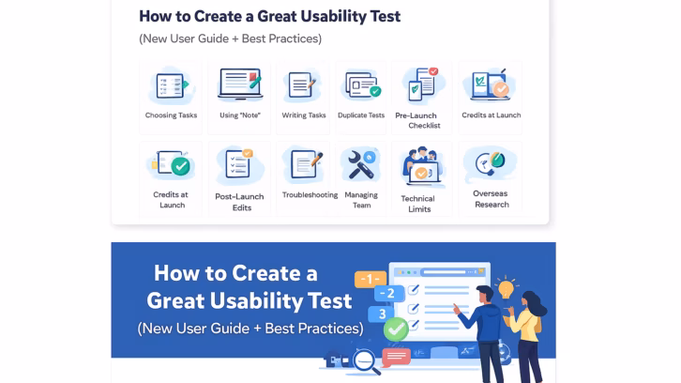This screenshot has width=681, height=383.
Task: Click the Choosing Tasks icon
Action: [x=171, y=85]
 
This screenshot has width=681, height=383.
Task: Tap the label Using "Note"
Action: [x=239, y=115]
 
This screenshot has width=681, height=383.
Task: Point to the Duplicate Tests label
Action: [x=361, y=115]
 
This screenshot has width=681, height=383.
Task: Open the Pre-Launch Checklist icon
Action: [x=423, y=85]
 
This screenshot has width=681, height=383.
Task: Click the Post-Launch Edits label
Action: [x=239, y=202]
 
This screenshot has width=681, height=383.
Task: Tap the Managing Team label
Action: [x=361, y=200]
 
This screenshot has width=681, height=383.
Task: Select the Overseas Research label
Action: [x=491, y=199]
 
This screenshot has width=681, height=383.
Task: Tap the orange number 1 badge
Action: [x=369, y=279]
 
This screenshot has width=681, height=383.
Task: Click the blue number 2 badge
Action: [x=388, y=294]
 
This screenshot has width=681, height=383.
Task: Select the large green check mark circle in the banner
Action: [x=396, y=329]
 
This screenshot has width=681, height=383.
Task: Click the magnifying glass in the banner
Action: [x=361, y=360]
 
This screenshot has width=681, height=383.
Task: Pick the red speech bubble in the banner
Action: [x=396, y=357]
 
